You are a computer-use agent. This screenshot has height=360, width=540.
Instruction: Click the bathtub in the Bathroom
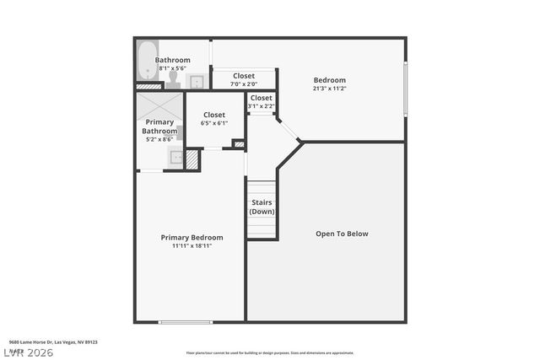(x=147, y=60)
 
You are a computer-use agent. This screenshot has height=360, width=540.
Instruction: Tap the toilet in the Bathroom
(x=173, y=79)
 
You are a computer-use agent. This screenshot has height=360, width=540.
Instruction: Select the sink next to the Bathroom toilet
(x=196, y=82)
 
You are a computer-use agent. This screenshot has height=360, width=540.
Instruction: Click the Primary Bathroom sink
(x=175, y=156)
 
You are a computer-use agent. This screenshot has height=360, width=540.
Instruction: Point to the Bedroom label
(x=330, y=81)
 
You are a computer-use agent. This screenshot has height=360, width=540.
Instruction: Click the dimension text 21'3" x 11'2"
(x=330, y=89)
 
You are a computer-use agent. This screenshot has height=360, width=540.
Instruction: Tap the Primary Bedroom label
(x=192, y=238)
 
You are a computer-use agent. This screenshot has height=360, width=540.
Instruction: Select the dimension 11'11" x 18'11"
(x=192, y=246)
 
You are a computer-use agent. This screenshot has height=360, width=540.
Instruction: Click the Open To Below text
(x=342, y=234)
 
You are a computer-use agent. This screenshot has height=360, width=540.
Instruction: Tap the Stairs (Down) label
(x=262, y=207)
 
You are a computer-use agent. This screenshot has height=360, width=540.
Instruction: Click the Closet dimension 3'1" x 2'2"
(x=261, y=105)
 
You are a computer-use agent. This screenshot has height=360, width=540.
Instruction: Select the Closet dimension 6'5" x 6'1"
(x=214, y=123)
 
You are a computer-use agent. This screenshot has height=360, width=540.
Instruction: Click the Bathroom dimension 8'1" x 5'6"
(x=172, y=68)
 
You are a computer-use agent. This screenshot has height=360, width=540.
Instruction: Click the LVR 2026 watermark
(x=28, y=352)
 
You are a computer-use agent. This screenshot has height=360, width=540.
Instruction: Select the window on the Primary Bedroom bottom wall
(x=186, y=322)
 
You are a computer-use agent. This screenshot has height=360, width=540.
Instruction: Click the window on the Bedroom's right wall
(x=405, y=89)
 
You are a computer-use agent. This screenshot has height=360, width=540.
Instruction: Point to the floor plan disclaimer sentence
(x=270, y=353)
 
